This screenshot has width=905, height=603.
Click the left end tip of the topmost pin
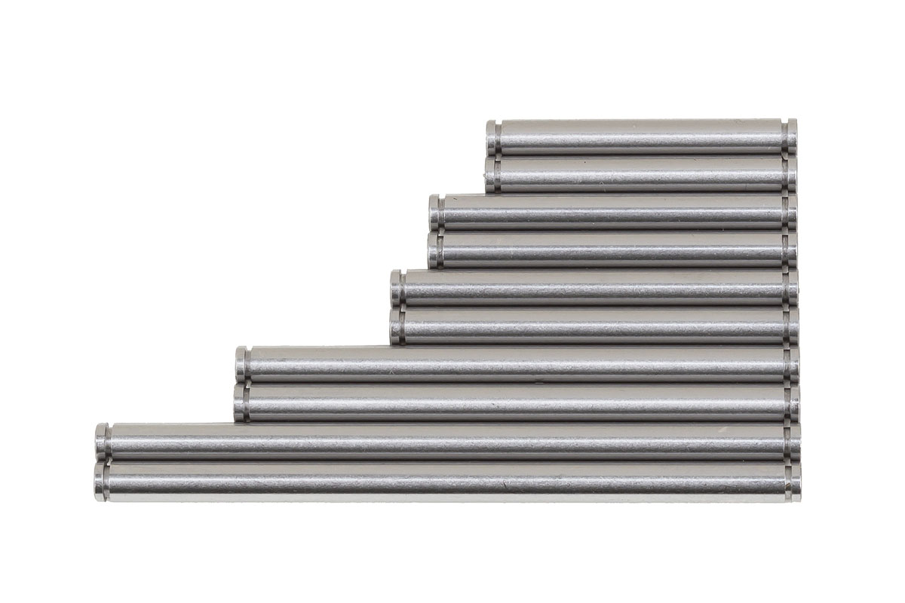(x=491, y=136)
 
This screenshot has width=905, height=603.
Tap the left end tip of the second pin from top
(x=491, y=174)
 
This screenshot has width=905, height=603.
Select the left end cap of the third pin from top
(x=434, y=212)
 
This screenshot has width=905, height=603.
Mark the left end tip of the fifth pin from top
(x=397, y=287)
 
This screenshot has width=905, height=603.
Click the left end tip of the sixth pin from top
(x=396, y=326)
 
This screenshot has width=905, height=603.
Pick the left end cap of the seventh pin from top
(x=241, y=364)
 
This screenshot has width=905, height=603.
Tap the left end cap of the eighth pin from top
(x=240, y=403)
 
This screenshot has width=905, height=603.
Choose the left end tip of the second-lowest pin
(x=100, y=442)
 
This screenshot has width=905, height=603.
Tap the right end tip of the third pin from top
(x=792, y=212)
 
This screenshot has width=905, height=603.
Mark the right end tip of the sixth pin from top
(x=793, y=326)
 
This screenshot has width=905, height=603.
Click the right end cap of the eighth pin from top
(x=794, y=403)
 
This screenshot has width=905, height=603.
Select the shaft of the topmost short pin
(x=641, y=136)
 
